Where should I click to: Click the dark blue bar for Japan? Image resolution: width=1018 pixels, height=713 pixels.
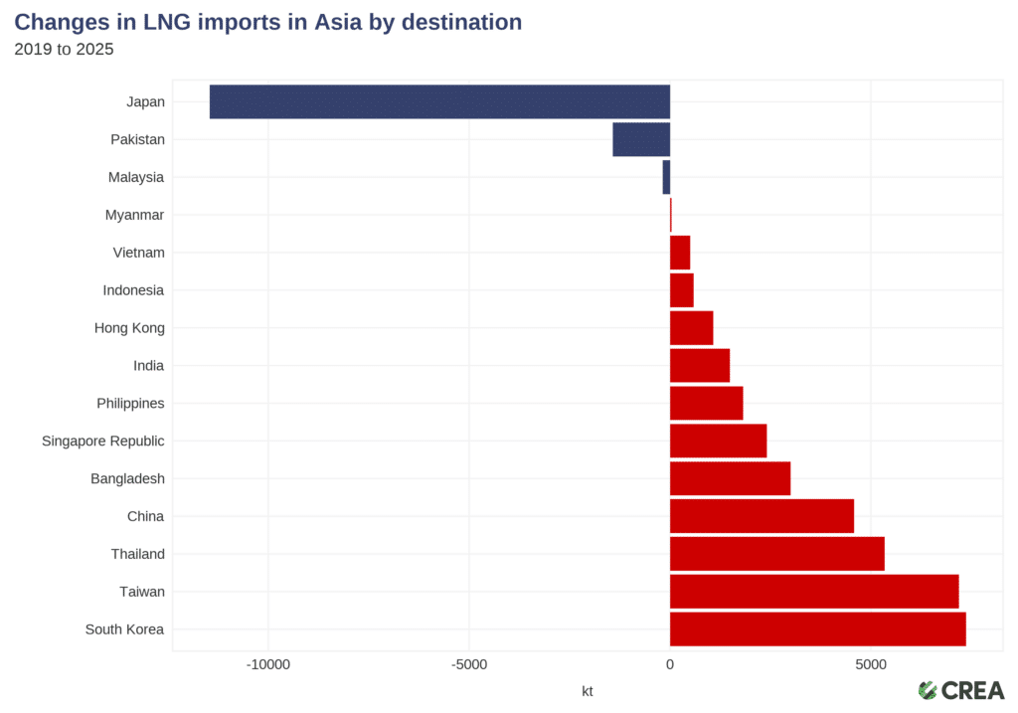439,101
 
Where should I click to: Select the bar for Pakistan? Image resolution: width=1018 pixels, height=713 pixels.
641,139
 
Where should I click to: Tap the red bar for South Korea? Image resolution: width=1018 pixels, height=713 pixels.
817,629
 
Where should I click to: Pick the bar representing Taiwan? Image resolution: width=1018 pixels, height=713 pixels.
813,592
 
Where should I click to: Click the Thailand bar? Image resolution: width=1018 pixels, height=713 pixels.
776,554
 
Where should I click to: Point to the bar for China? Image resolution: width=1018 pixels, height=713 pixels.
762,516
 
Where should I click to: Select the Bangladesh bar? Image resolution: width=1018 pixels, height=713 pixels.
730,478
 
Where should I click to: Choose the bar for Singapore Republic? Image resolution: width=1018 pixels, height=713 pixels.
718,441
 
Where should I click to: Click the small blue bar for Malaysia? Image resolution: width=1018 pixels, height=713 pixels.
666,177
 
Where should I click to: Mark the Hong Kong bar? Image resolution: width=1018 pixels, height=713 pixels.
691,328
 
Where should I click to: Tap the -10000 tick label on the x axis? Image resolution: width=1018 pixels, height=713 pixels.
268,664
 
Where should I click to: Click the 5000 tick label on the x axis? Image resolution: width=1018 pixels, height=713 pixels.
870,664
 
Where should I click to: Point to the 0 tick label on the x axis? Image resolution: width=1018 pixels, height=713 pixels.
669,664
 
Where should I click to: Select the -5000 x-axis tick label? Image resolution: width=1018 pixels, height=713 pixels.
469,664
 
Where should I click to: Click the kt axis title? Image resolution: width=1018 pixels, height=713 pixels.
587,690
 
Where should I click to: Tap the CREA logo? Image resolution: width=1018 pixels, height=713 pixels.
960,690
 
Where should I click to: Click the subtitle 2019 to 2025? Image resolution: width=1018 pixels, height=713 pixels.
64,48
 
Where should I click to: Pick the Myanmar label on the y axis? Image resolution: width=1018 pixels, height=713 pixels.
134,215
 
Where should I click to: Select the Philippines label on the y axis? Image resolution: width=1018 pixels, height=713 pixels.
130,404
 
